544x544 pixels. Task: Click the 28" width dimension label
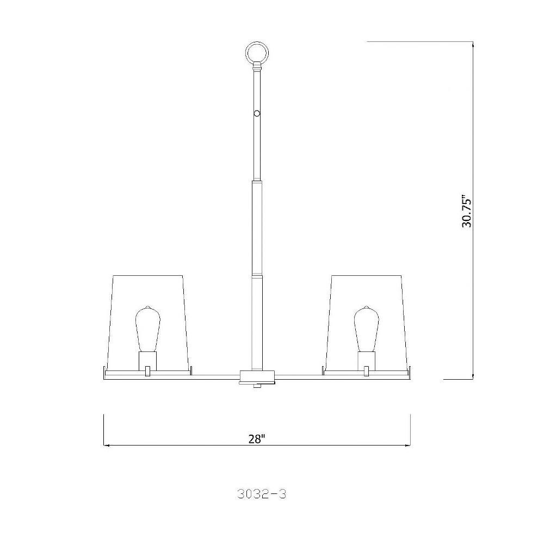pyautogui.click(x=257, y=439)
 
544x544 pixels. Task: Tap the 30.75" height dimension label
pyautogui.click(x=467, y=213)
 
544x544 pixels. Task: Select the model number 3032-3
pyautogui.click(x=262, y=494)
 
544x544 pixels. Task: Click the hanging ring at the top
pyautogui.click(x=257, y=53)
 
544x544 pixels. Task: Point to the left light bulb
pyautogui.click(x=147, y=329)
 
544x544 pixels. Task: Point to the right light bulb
pyautogui.click(x=367, y=329)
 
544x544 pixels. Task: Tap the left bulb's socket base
pyautogui.click(x=147, y=361)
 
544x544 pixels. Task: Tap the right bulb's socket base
pyautogui.click(x=367, y=361)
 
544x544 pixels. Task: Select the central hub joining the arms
pyautogui.click(x=257, y=375)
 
